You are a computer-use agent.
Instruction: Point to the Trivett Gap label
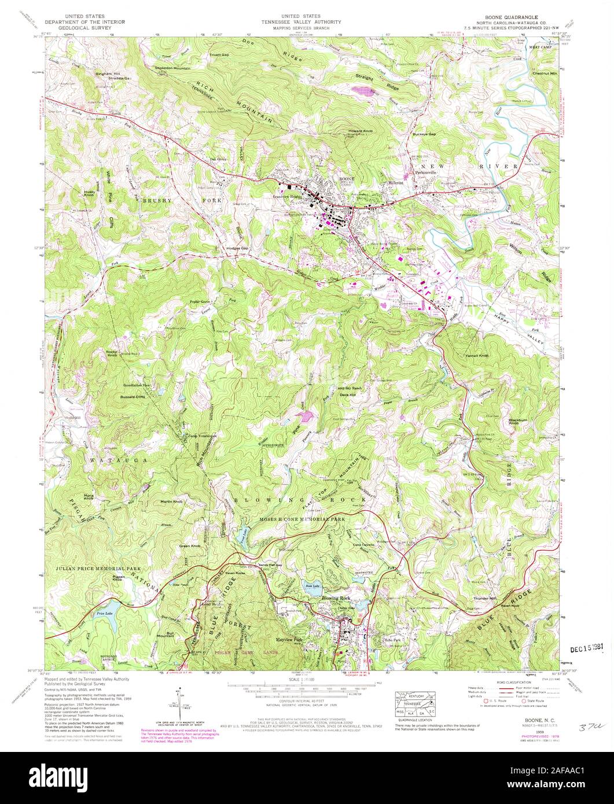pyautogui.click(x=218, y=54)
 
